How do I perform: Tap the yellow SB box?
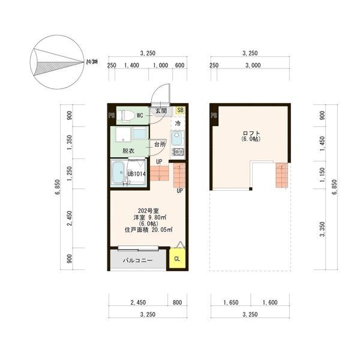tap(181, 110)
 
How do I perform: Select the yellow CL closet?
tap(177, 259)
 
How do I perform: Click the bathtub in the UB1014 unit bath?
tap(118, 173)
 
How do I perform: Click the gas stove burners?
tap(178, 152)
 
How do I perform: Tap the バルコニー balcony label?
tap(137, 260)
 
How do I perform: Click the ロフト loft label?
tap(251, 133)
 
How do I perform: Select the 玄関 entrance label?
tap(161, 110)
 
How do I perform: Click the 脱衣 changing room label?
tap(128, 151)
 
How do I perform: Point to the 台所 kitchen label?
tap(160, 145)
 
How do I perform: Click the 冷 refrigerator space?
tap(178, 123)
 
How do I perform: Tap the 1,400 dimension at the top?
tap(131, 65)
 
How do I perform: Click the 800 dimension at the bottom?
tap(177, 302)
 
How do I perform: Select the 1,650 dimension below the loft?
tap(231, 302)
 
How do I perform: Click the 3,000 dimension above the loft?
tap(253, 65)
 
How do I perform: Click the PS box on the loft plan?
tap(214, 116)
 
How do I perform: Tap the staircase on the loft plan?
tap(281, 175)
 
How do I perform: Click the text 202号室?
tap(148, 211)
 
